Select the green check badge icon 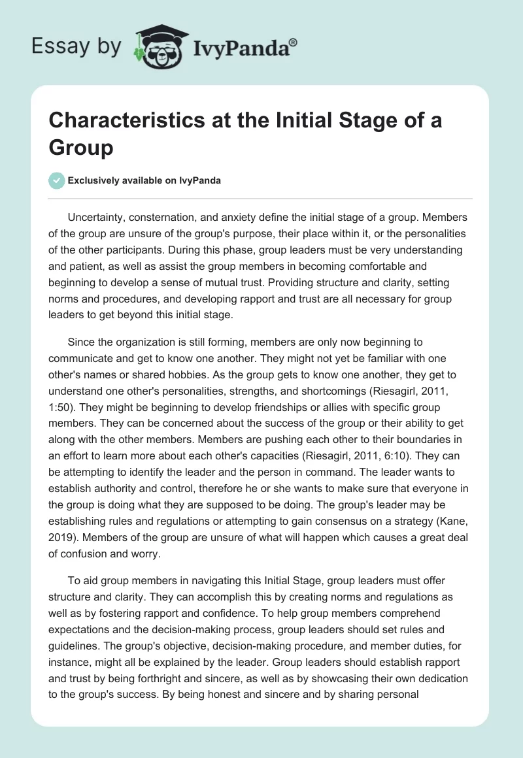pos(57,180)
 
